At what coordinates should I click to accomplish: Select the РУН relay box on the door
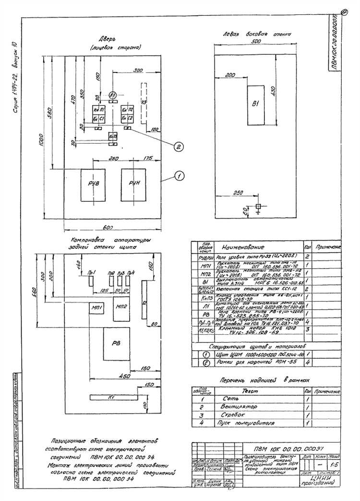133,184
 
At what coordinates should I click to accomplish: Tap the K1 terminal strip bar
110,397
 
